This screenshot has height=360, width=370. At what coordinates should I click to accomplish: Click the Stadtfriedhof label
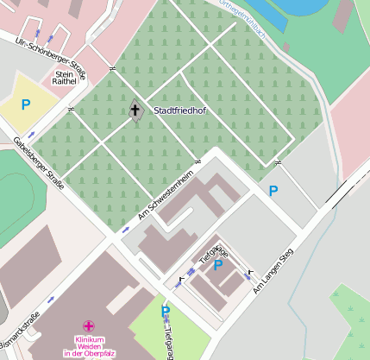pos(180,111)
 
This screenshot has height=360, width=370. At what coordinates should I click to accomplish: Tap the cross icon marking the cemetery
pos(135,110)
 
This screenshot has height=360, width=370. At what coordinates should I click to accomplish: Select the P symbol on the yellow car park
pos(26,104)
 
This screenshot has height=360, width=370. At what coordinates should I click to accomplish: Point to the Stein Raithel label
pos(66,79)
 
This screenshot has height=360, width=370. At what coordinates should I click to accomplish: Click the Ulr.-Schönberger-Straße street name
pos(52,58)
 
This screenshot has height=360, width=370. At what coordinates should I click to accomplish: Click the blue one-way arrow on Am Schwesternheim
pos(125,230)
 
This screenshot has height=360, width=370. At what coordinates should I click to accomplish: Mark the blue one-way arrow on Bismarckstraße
pos(51,299)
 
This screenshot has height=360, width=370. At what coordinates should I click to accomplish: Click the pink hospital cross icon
pos(88,326)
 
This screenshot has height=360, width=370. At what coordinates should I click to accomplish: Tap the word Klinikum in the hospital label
pos(89,339)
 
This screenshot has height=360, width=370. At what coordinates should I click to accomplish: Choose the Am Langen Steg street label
pos(273,271)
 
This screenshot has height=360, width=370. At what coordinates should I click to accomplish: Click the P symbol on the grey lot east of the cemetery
pos(273,191)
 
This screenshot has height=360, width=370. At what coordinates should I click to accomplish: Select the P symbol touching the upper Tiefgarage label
pos(218,265)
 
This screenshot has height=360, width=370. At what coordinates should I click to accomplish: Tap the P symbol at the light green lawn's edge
pos(166,311)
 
